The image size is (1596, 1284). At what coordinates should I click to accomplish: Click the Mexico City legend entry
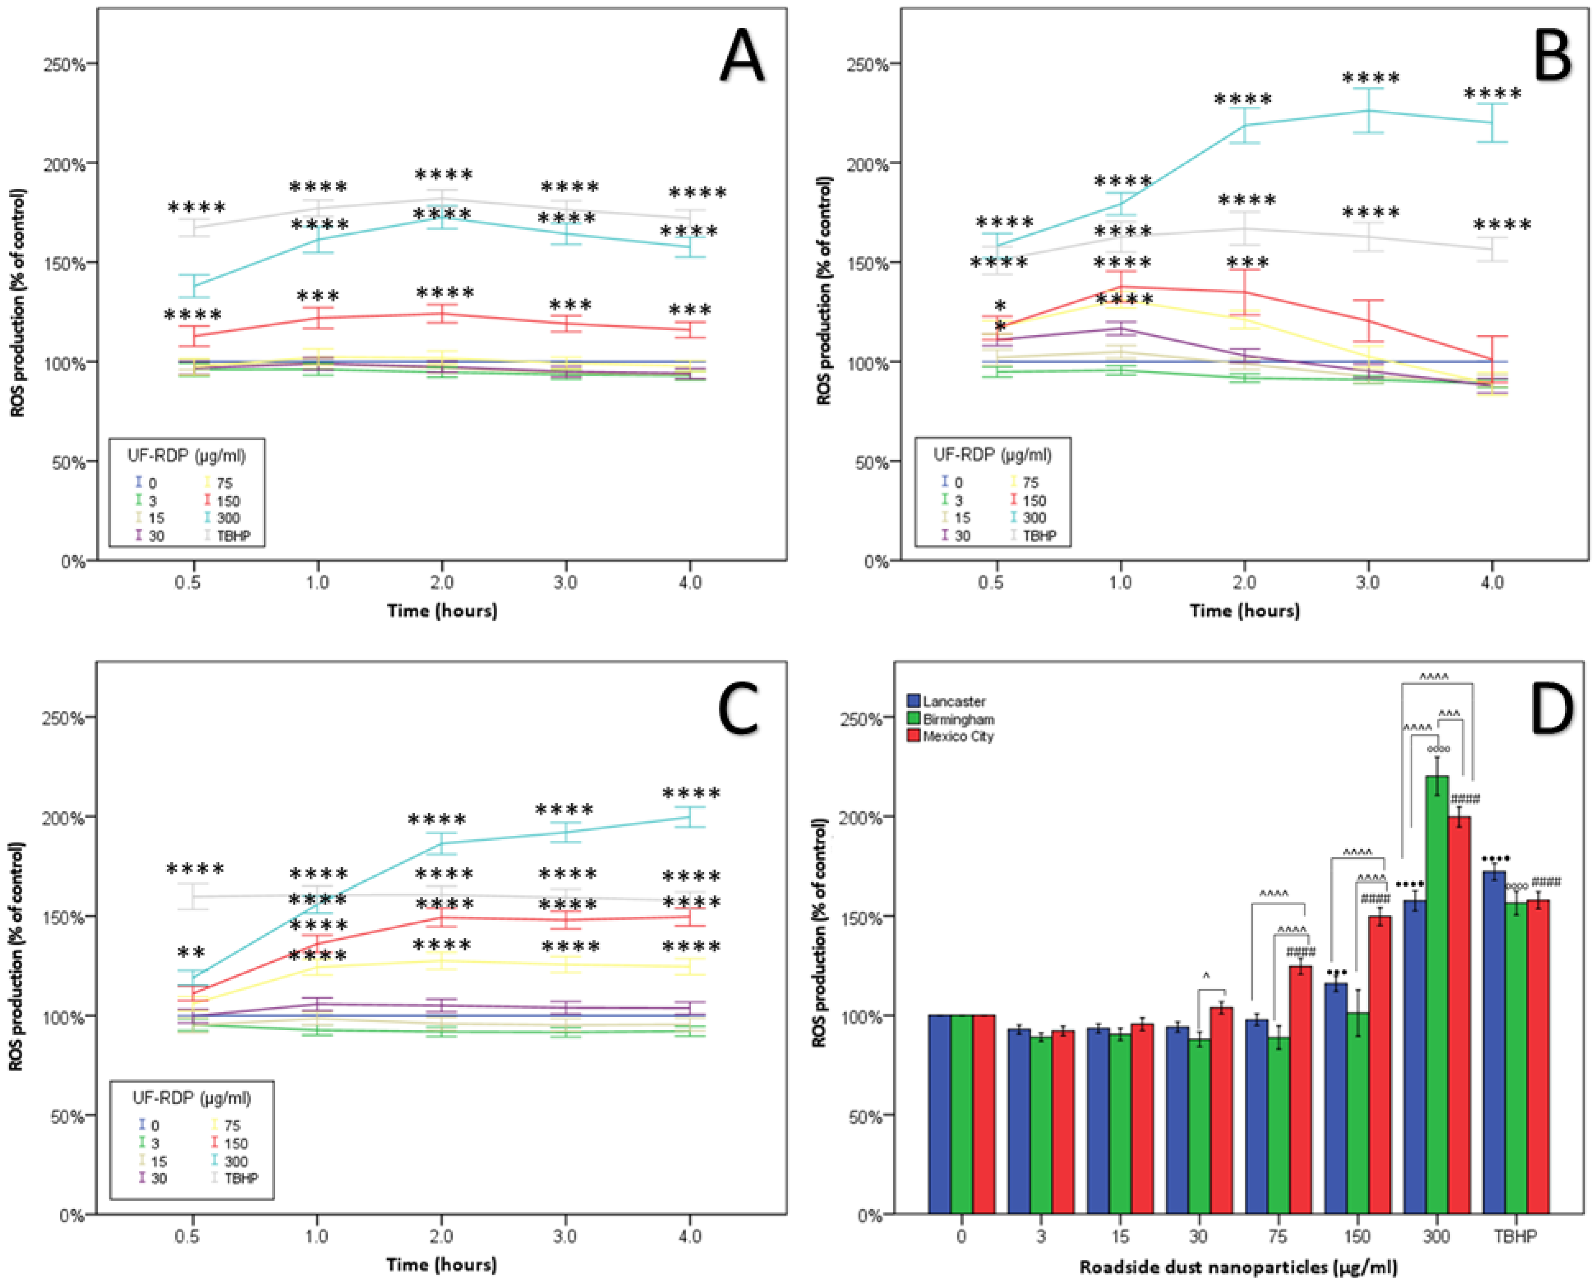pos(957,736)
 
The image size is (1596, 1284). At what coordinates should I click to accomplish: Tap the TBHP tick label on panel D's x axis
pos(1515,1236)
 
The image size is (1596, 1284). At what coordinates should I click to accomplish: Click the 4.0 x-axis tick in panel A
pos(690,582)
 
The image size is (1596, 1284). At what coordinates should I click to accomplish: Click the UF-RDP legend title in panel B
pos(992,454)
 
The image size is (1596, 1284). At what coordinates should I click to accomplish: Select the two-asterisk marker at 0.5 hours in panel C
pos(191,953)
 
